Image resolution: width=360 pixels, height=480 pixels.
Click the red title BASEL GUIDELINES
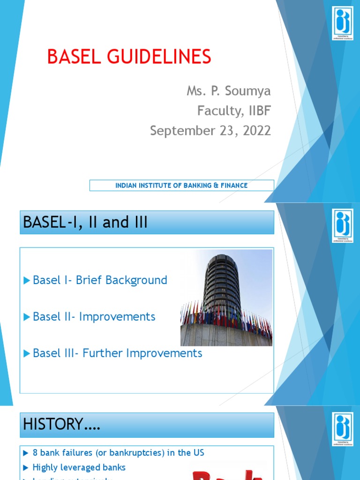point(129,57)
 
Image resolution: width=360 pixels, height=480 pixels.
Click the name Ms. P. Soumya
point(229,91)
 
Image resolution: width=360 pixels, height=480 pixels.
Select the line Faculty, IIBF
point(234,111)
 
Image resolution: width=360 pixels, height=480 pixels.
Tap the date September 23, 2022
point(210,131)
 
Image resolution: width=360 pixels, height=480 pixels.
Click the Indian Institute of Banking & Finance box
point(181,186)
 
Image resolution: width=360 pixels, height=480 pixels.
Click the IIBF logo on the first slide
point(342,23)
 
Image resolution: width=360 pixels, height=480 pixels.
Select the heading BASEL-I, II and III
point(84,223)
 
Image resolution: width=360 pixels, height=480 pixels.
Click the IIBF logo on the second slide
point(342,226)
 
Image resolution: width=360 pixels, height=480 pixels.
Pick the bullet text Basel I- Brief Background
point(100,280)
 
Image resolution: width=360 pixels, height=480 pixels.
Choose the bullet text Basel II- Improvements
point(94,317)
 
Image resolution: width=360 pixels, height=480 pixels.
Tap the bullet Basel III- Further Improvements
point(117,353)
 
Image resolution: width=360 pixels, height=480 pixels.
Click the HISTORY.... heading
point(61,425)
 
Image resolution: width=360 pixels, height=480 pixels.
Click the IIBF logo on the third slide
point(342,428)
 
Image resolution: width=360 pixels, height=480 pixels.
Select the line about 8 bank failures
point(118,453)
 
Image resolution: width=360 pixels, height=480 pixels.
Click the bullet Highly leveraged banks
point(79,467)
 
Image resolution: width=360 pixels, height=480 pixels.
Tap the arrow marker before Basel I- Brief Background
point(26,280)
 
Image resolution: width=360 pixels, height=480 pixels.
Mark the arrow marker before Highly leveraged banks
point(25,467)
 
